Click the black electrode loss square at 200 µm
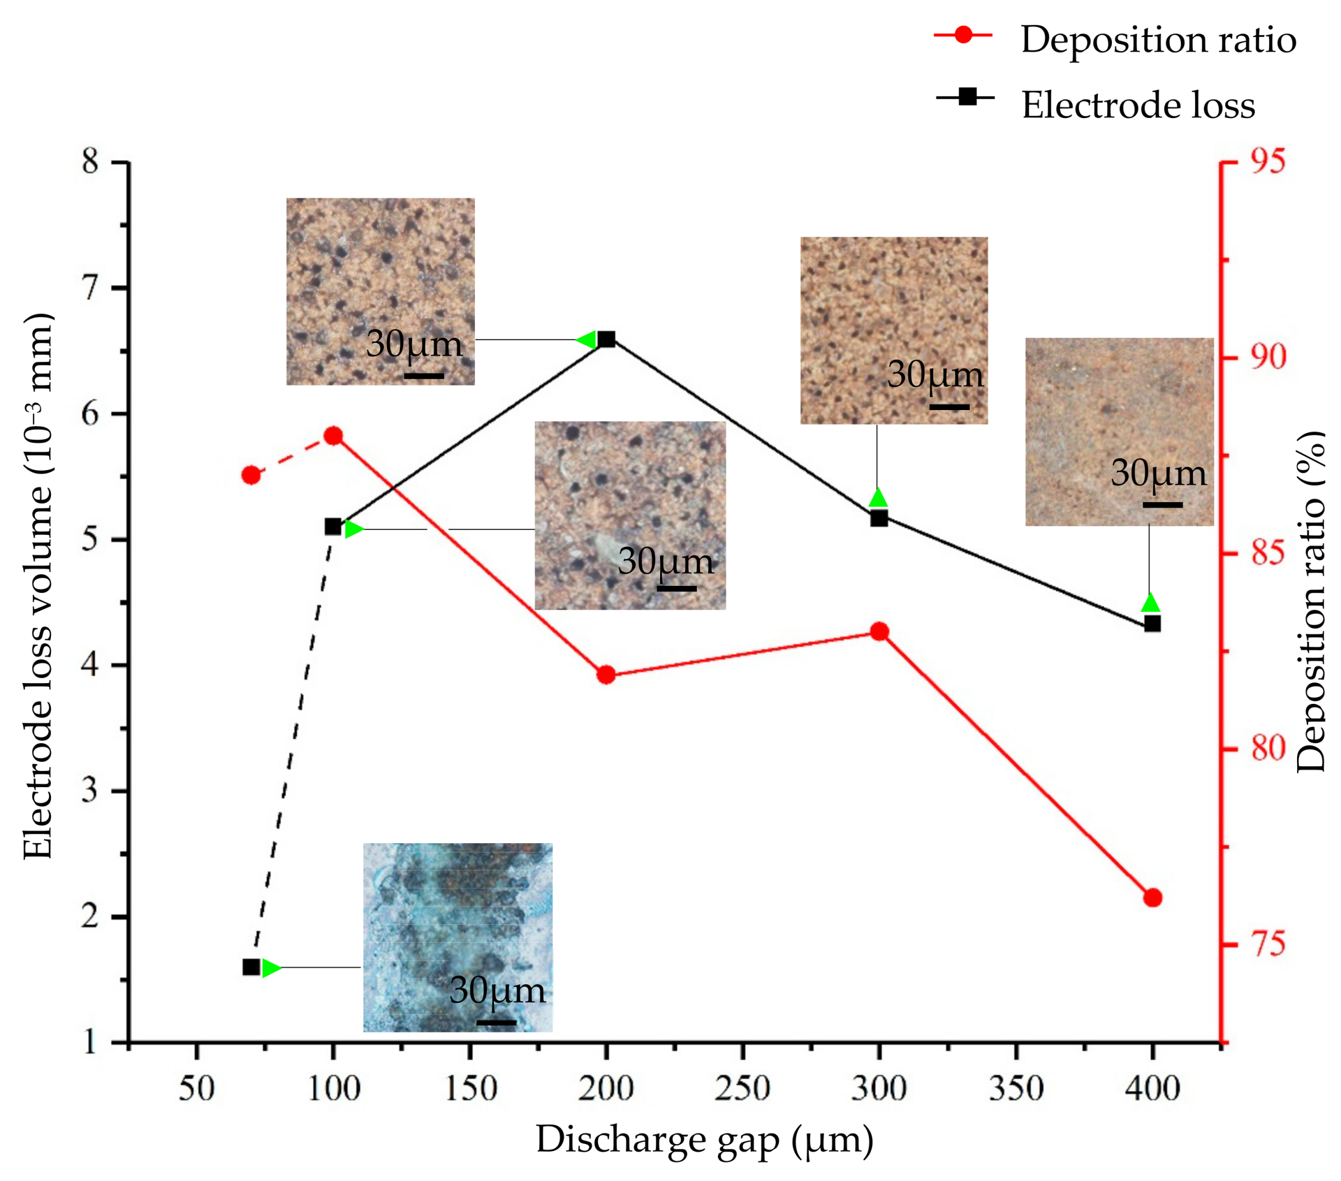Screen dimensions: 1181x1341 tap(606, 339)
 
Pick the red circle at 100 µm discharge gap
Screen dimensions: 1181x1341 tap(333, 436)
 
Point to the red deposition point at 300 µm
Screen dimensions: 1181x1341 tap(879, 632)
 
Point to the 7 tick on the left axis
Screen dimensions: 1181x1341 tap(90, 288)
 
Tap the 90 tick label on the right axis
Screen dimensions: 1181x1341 tap(1267, 357)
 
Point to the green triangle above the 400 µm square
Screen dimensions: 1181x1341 tap(1150, 603)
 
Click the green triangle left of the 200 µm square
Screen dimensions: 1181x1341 tap(586, 339)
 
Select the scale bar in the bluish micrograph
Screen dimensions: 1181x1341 tap(496, 1021)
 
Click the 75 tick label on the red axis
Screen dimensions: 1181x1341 tap(1267, 945)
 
